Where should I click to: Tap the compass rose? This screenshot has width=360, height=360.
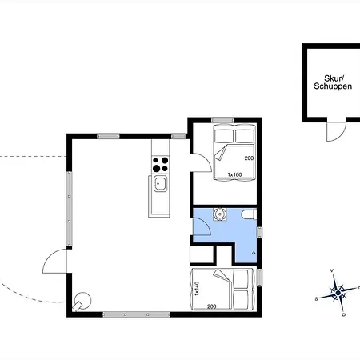click(338, 293)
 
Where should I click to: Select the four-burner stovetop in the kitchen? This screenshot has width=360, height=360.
click(160, 163)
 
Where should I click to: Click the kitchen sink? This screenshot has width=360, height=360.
click(160, 186)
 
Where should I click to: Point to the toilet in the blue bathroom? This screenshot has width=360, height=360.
click(249, 215)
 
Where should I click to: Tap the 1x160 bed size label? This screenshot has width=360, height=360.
click(234, 174)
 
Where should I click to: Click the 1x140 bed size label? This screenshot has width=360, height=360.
click(196, 289)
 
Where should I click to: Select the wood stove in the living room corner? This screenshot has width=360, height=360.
click(81, 302)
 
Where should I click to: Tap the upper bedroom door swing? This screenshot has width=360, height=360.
click(202, 159)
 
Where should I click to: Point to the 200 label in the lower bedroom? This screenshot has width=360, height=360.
click(212, 306)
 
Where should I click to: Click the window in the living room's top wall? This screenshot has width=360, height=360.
click(108, 135)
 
